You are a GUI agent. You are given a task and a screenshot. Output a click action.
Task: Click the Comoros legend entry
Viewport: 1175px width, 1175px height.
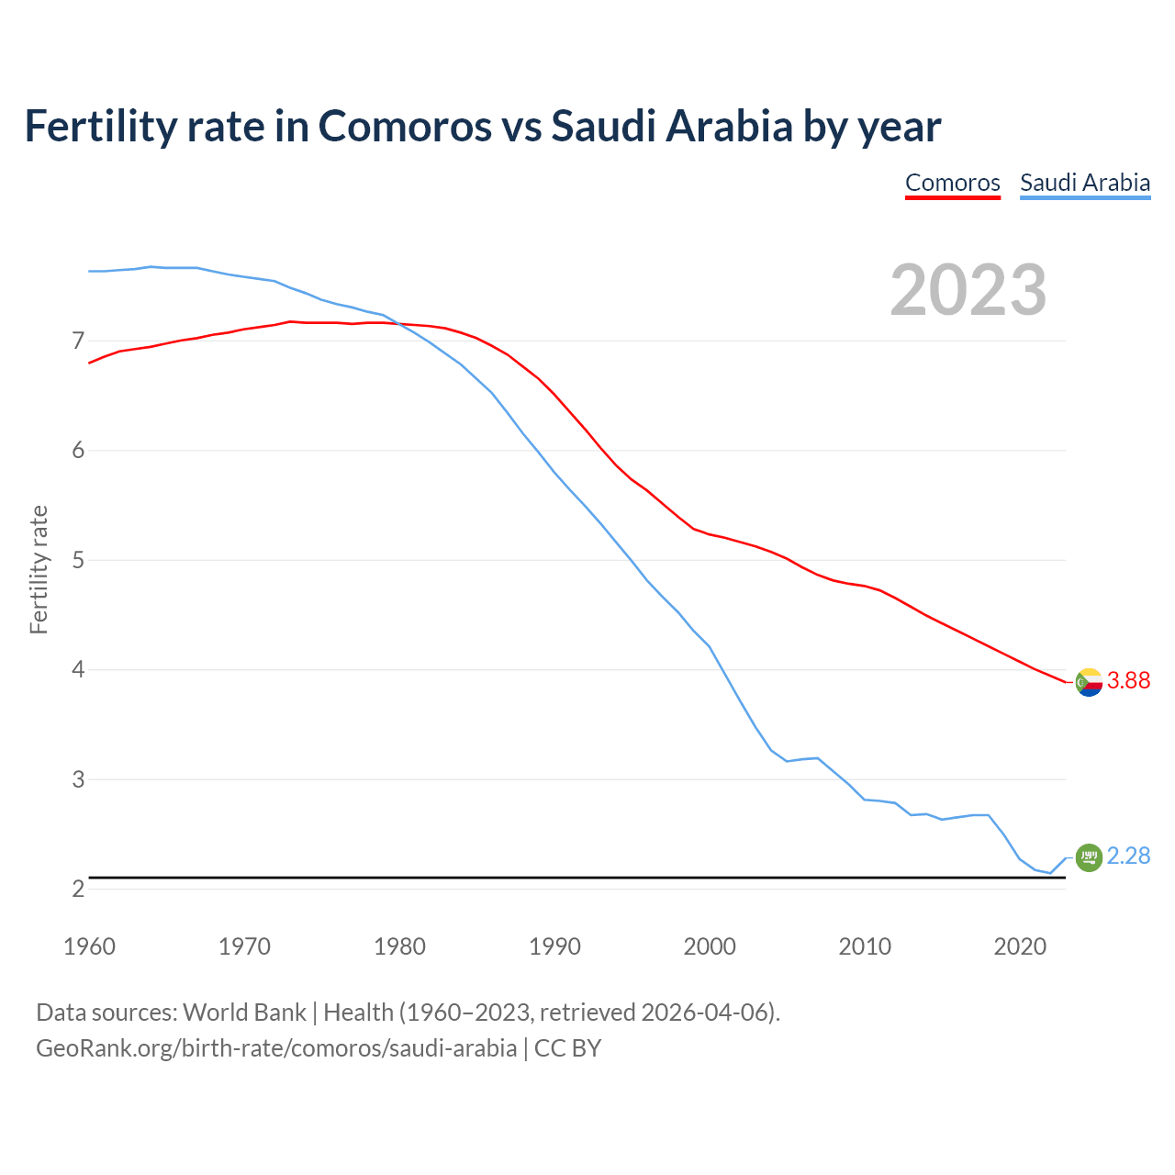tap(952, 183)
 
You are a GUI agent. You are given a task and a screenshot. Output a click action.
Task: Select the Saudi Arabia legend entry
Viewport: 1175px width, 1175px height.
tap(1085, 183)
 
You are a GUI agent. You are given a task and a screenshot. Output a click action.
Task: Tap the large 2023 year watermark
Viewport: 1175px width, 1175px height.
tap(968, 290)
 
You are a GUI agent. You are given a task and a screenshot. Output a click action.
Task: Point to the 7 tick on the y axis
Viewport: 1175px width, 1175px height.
tap(78, 341)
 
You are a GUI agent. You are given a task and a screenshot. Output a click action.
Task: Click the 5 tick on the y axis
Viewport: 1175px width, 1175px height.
tap(78, 560)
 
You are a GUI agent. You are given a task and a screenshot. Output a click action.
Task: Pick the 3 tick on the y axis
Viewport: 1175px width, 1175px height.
tap(78, 779)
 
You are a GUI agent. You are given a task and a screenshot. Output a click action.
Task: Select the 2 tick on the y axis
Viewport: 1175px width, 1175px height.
tap(78, 889)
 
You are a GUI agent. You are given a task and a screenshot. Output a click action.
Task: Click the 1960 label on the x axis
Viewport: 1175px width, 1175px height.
tap(89, 946)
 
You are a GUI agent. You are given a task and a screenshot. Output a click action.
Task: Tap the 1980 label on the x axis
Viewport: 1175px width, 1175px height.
tap(399, 946)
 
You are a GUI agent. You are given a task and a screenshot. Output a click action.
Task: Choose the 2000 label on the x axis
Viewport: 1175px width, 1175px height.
tap(710, 946)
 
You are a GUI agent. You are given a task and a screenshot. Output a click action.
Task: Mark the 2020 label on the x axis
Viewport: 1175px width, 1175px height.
tap(1020, 946)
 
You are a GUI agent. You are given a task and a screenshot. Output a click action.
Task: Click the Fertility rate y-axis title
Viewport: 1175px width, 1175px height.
tap(39, 569)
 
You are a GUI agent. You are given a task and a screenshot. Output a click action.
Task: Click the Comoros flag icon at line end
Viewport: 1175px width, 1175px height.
tap(1089, 682)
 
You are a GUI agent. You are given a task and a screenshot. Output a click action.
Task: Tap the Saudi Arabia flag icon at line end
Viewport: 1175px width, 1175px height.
tap(1089, 857)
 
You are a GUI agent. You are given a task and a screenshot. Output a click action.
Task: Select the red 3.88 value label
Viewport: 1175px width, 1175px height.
tap(1128, 680)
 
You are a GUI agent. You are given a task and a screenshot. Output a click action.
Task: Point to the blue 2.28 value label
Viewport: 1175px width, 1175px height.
tap(1128, 856)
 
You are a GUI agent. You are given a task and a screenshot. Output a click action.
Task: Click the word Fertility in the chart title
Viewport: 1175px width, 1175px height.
tap(99, 126)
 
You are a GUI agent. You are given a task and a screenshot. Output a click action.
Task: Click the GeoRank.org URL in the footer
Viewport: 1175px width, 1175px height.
tap(275, 1047)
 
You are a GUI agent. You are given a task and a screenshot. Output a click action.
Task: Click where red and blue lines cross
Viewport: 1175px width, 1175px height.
tap(397, 323)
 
